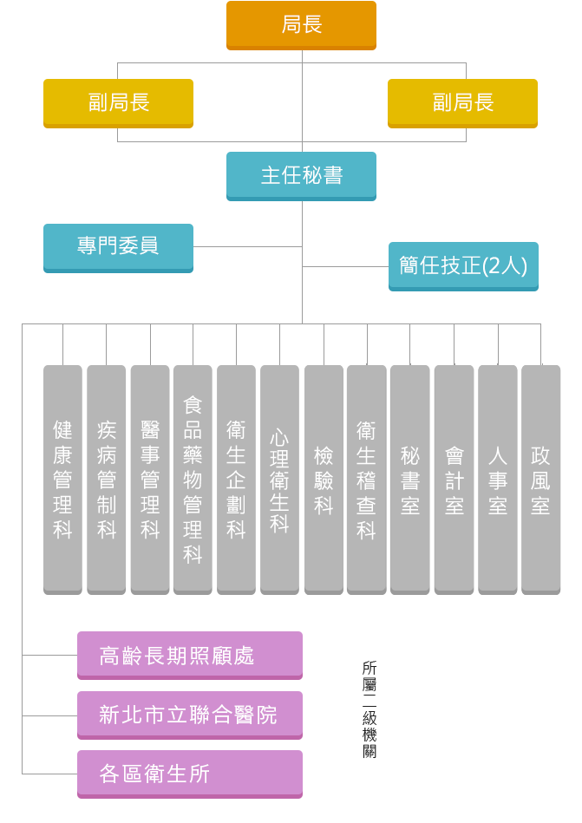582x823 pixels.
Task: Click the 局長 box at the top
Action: (x=301, y=25)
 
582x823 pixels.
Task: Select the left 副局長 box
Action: (x=118, y=103)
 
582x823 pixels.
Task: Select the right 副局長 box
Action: (x=462, y=103)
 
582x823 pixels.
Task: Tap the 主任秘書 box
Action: (x=301, y=176)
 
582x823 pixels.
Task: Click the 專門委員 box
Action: (x=118, y=247)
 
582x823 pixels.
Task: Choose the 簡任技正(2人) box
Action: (x=463, y=265)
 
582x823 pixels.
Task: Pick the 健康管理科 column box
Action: (x=62, y=479)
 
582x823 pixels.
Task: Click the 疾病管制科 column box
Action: (x=107, y=479)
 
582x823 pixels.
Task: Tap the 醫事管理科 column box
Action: (x=150, y=479)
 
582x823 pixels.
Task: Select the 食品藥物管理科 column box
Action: (x=193, y=479)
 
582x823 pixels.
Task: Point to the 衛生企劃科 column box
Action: (x=236, y=479)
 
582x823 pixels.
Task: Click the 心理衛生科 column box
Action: (x=279, y=479)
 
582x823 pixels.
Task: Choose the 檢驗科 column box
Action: (x=324, y=479)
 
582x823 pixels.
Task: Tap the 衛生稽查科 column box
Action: (x=367, y=479)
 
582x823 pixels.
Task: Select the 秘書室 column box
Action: (x=410, y=479)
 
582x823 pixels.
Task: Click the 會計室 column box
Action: (x=454, y=479)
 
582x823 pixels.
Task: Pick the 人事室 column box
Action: (x=498, y=479)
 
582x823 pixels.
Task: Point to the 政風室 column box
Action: (x=540, y=479)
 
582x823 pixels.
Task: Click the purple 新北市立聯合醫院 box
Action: (x=189, y=715)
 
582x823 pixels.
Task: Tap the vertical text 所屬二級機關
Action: (x=369, y=709)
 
